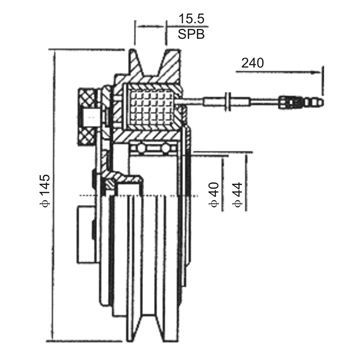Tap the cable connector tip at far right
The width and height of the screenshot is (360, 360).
(x=315, y=101)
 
